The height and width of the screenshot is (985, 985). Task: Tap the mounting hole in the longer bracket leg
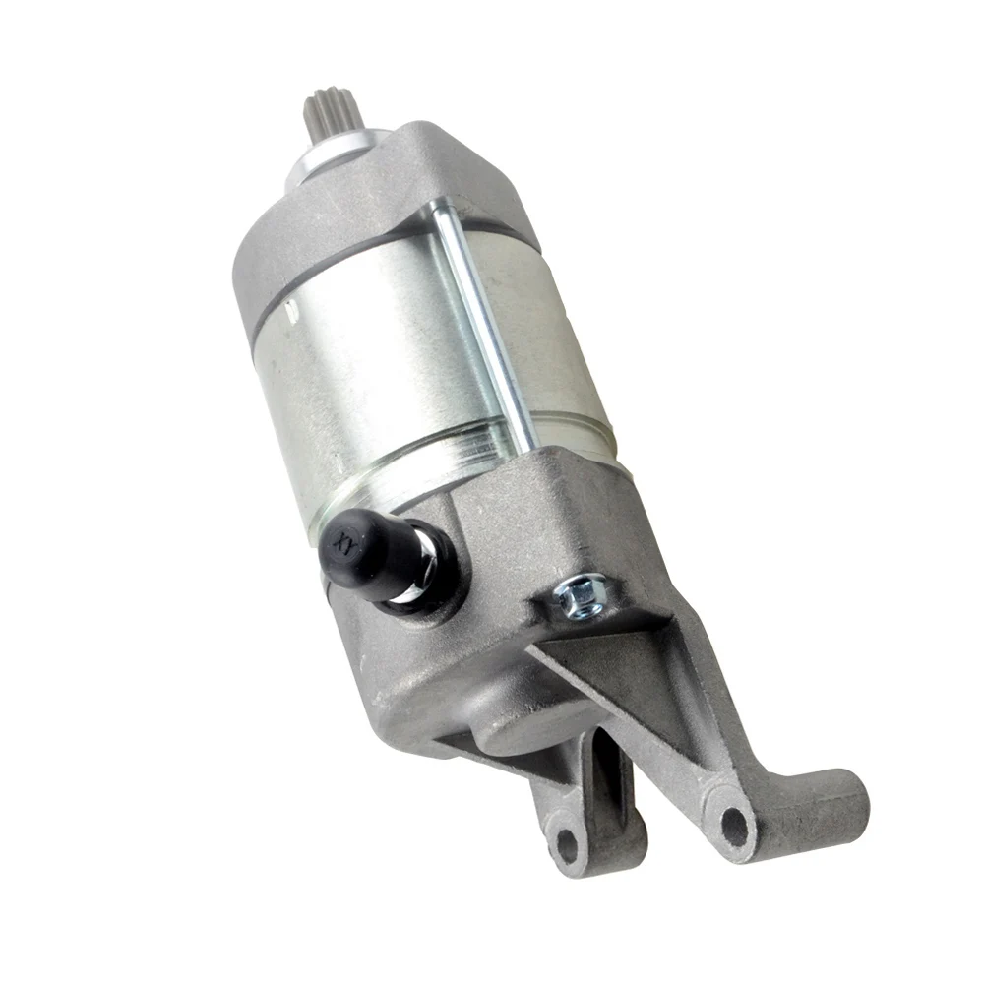(734, 825)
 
